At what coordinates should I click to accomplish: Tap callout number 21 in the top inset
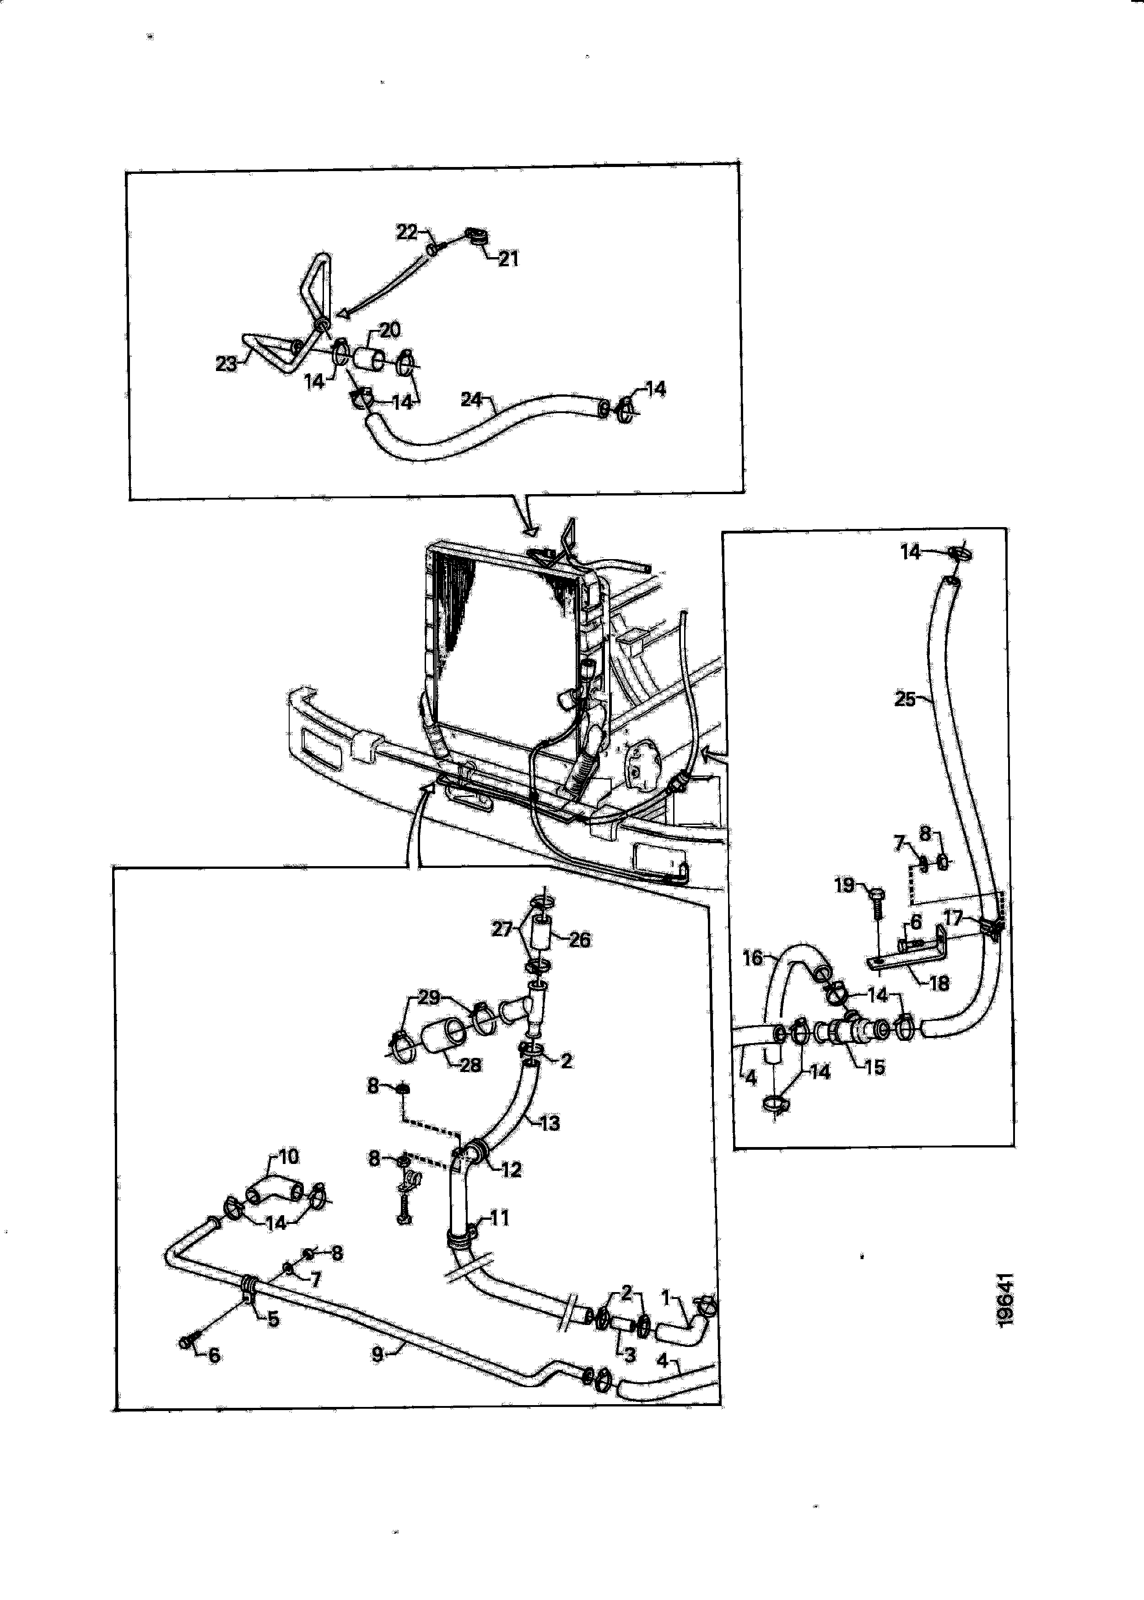508,259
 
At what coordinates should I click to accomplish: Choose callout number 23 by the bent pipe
226,364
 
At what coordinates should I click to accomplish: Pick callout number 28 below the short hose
470,1065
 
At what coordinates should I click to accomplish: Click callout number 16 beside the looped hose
753,958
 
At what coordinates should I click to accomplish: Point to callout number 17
953,918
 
